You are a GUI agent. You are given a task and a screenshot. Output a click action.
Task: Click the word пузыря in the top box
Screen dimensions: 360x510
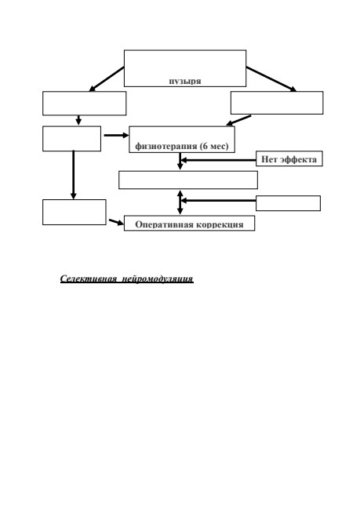pyautogui.click(x=185, y=82)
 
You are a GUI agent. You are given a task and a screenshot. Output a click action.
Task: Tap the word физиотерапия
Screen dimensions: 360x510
pyautogui.click(x=166, y=146)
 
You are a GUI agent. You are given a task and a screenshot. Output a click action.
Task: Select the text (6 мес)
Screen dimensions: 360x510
pyautogui.click(x=214, y=146)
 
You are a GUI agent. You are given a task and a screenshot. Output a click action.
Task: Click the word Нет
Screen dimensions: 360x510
pyautogui.click(x=269, y=159)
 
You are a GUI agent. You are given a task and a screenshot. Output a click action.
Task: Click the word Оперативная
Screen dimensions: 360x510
pyautogui.click(x=160, y=224)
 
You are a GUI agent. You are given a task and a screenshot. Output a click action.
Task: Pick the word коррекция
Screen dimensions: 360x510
pyautogui.click(x=215, y=224)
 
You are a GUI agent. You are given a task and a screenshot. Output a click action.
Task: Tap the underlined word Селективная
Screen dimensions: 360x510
pyautogui.click(x=89, y=279)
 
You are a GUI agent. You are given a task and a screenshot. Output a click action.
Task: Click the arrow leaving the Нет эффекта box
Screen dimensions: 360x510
pyautogui.click(x=218, y=160)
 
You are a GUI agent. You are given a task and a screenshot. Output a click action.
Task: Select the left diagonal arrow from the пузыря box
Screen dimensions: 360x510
pyautogui.click(x=107, y=79)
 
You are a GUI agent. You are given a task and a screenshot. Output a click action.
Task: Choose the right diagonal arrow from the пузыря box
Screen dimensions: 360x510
pyautogui.click(x=271, y=79)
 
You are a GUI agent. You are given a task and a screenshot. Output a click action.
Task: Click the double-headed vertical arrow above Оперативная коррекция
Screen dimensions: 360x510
pyautogui.click(x=180, y=202)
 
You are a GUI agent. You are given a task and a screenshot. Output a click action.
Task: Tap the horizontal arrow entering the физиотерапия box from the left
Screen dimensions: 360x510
pyautogui.click(x=116, y=135)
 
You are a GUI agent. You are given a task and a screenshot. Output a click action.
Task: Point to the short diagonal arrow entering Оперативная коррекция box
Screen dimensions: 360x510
pyautogui.click(x=116, y=222)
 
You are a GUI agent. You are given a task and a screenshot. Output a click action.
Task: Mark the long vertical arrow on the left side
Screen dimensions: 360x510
pyautogui.click(x=73, y=175)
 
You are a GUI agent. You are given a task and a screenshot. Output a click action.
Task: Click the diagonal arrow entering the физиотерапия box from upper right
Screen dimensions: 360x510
pyautogui.click(x=238, y=120)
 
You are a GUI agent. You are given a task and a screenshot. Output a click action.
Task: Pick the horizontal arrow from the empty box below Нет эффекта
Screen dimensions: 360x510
pyautogui.click(x=218, y=201)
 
